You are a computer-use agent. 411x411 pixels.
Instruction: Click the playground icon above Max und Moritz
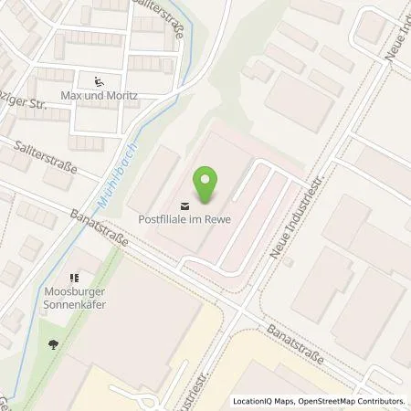pyautogui.click(x=99, y=80)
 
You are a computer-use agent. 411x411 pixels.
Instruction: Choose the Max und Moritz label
pyautogui.click(x=98, y=96)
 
